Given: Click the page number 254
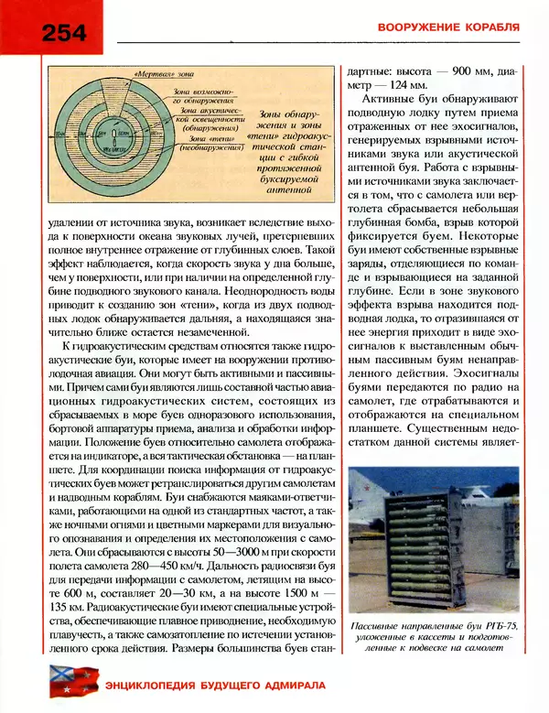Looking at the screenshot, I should (x=63, y=32).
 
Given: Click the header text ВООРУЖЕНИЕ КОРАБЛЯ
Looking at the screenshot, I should (x=448, y=27).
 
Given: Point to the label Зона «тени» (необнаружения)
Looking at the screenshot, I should (x=205, y=145).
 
